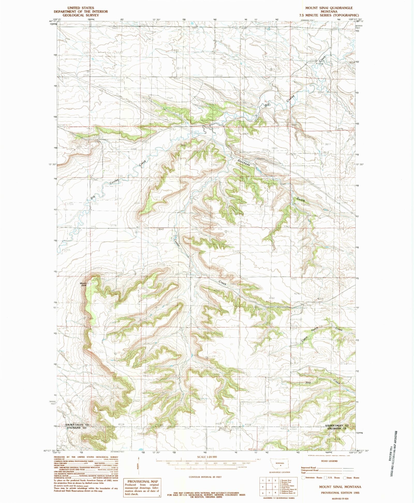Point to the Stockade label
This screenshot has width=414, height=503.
(244, 164)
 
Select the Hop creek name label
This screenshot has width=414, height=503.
(308, 382)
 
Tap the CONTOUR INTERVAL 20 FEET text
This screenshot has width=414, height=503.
(206, 477)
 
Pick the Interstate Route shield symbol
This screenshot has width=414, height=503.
(303, 478)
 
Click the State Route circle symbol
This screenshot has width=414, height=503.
(345, 478)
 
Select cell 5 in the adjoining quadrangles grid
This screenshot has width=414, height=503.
(275, 486)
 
